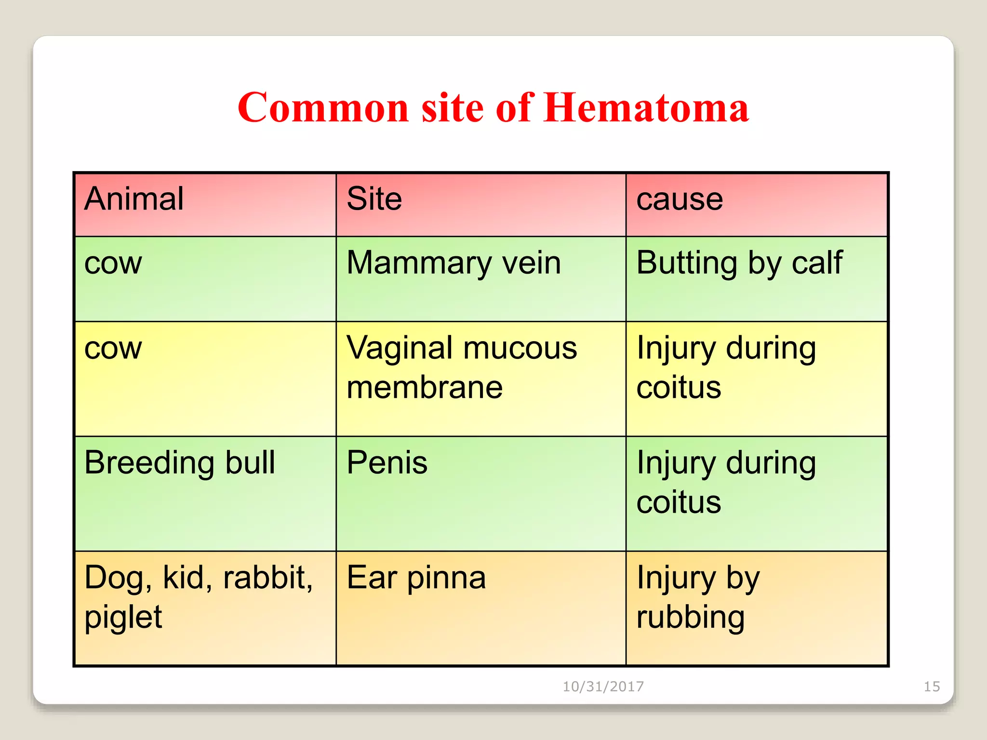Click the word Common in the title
pos(323,108)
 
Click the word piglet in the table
pos(123,618)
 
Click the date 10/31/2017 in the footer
pos(603,687)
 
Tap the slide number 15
pos(932,687)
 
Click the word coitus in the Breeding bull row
pos(679,502)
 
